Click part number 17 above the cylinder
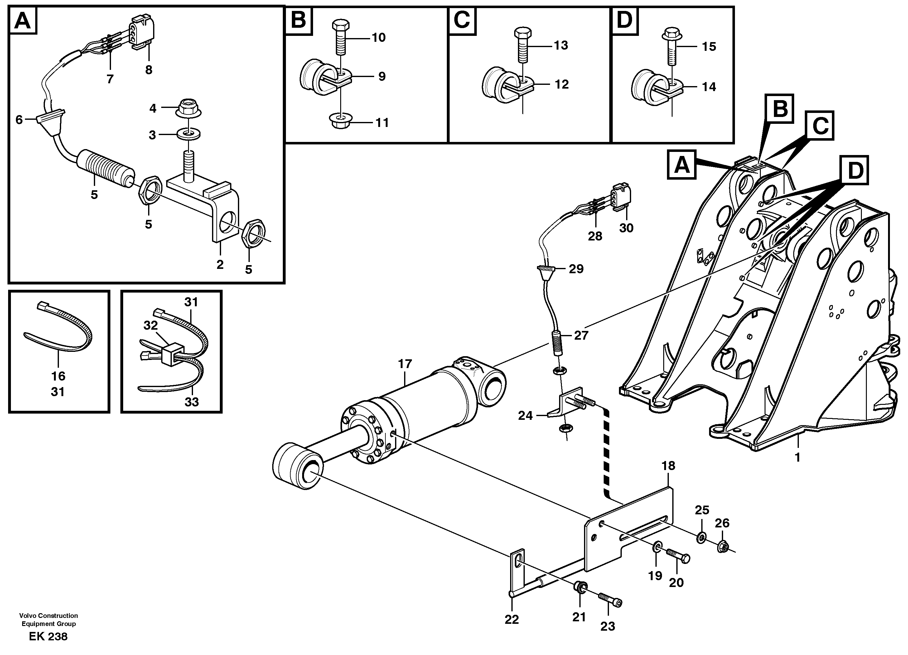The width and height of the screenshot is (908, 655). coord(405,364)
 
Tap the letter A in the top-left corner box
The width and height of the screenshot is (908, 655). coord(22,20)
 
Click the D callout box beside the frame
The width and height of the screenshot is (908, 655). coord(854,171)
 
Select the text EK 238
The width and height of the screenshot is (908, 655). coord(48,636)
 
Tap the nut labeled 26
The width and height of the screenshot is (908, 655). coord(722,547)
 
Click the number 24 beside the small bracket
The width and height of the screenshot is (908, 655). coord(525,416)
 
